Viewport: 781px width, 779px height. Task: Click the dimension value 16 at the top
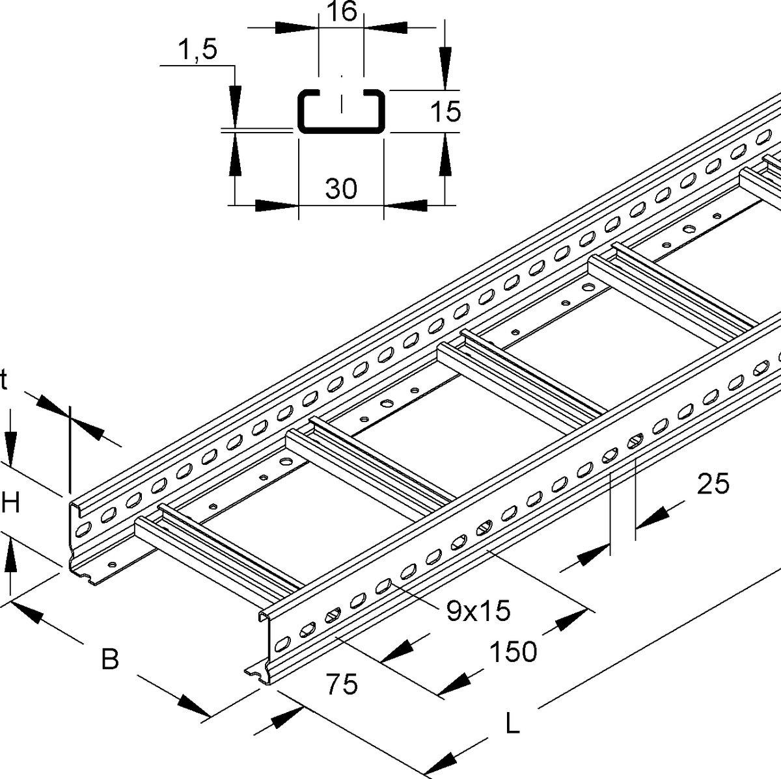(x=341, y=13)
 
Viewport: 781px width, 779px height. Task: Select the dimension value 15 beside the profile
(x=446, y=112)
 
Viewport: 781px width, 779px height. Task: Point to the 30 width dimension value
(x=341, y=189)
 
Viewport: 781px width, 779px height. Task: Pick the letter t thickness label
(x=4, y=382)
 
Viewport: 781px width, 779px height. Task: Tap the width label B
(x=110, y=660)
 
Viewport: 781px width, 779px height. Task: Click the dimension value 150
(x=513, y=651)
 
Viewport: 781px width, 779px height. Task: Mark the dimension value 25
(x=713, y=484)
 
